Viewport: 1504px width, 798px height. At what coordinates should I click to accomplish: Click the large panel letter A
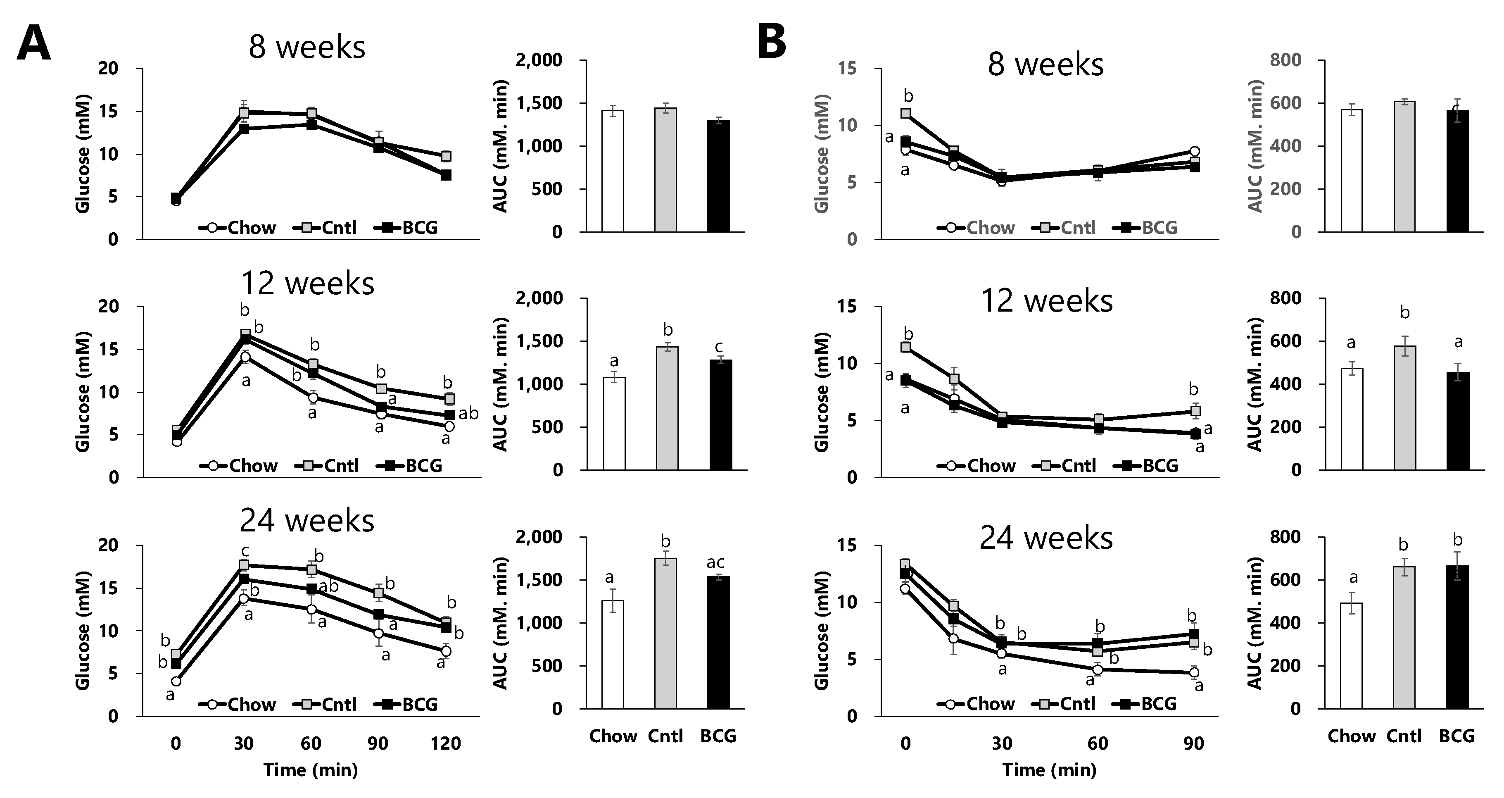point(33,43)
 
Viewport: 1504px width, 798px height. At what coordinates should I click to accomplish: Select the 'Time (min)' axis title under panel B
point(1049,770)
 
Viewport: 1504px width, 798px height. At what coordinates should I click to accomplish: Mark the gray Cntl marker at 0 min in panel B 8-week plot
point(905,113)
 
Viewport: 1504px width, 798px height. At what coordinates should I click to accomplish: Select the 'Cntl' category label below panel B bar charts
point(1404,736)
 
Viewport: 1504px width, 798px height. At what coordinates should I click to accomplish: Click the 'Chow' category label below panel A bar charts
point(613,736)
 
